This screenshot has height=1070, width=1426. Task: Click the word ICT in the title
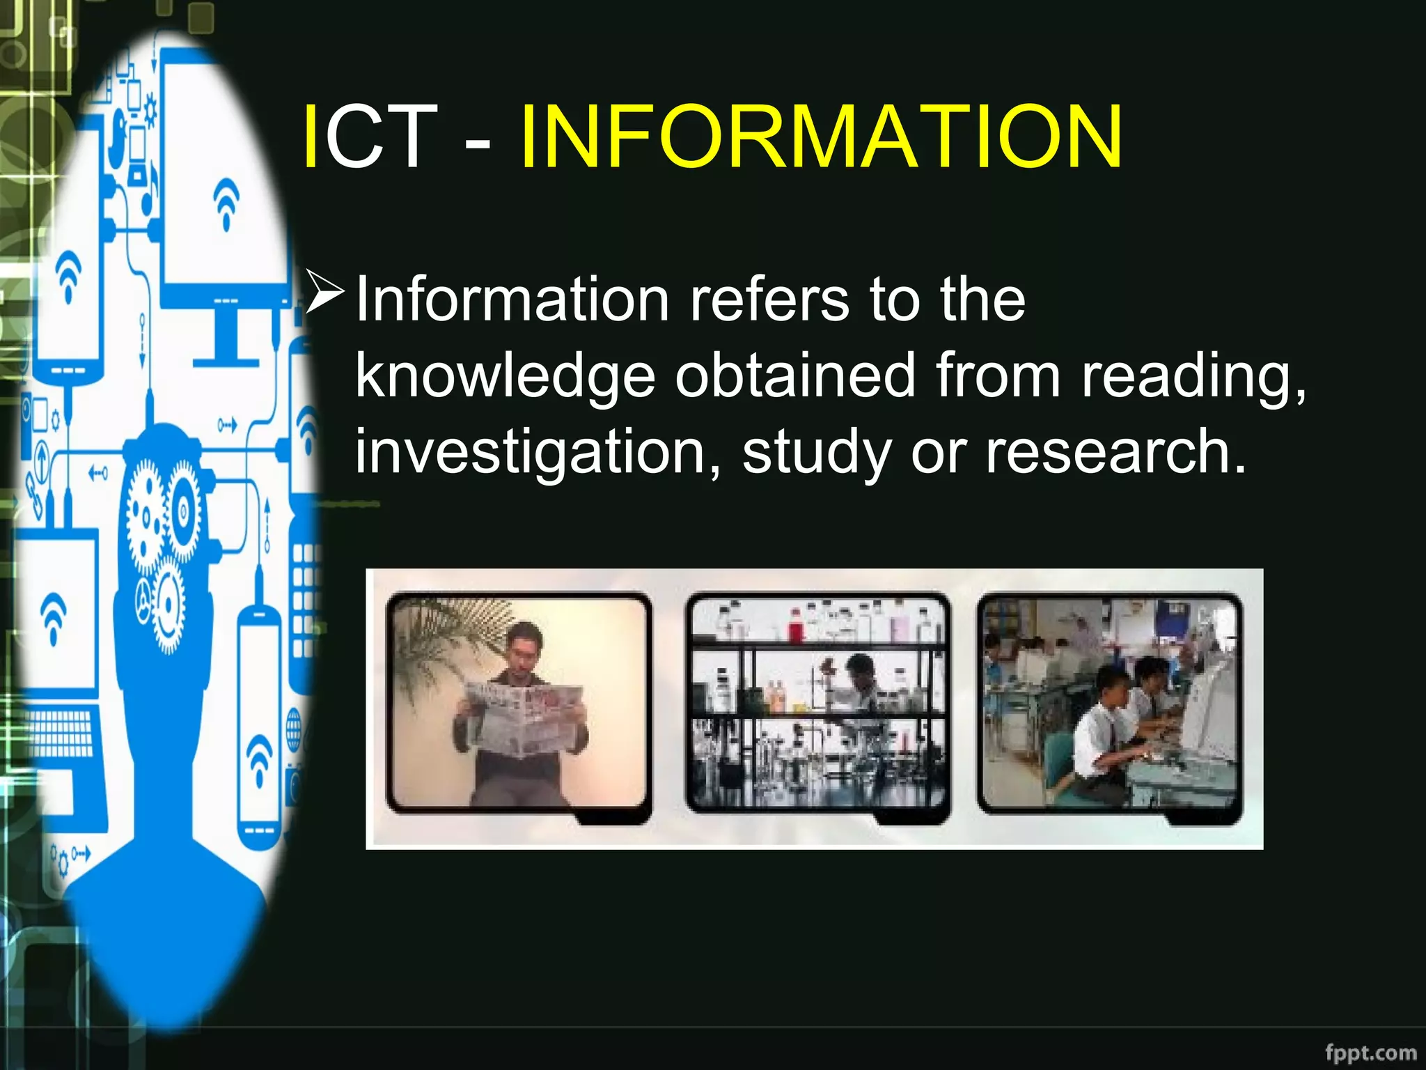(369, 137)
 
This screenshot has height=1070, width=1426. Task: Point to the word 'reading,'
(1193, 376)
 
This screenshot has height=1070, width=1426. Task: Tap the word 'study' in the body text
(816, 453)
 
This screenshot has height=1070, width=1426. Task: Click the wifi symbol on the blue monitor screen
(226, 202)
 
